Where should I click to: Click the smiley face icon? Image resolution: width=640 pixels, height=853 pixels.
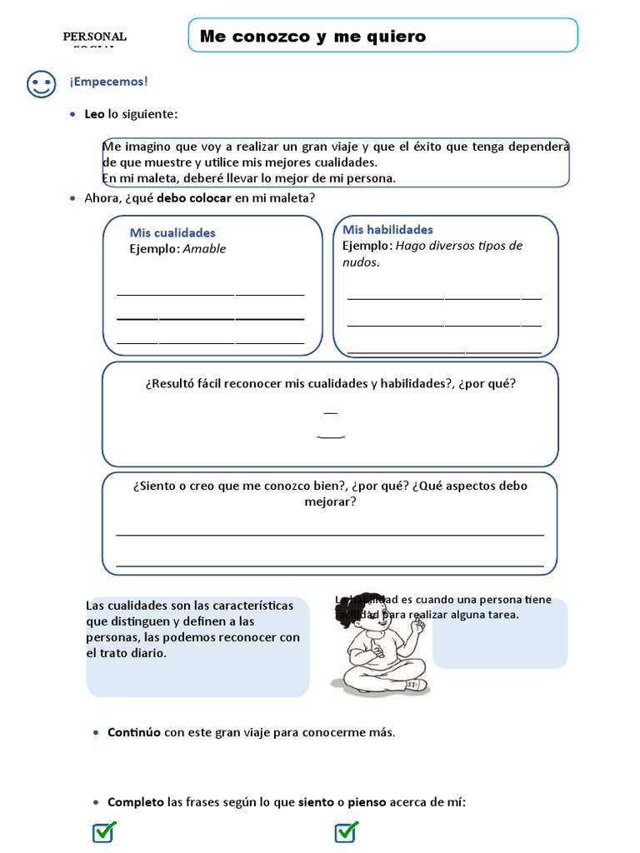pos(41,84)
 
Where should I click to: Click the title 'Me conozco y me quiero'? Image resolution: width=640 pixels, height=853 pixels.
pos(312,36)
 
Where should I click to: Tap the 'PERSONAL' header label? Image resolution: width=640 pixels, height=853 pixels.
pos(95,37)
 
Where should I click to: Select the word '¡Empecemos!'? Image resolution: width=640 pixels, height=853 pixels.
pos(109,82)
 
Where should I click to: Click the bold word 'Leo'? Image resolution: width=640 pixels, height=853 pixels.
pos(94,114)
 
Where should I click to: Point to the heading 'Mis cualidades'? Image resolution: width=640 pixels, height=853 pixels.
pos(172,233)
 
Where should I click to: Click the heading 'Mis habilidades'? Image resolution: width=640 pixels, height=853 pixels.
pos(387,229)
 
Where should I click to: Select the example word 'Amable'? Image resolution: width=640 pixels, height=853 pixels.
pos(204,249)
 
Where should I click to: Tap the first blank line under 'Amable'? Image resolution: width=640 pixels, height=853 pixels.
pos(210,293)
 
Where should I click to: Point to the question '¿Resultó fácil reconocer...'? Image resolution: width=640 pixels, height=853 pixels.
pos(330,384)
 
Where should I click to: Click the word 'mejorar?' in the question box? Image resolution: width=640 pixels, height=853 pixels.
pos(330,502)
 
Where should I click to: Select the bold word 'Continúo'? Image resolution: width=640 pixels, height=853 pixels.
pos(134,733)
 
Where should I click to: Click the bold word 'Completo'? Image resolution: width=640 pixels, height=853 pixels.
pos(136,802)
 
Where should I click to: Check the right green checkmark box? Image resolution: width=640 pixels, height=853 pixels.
pos(346,831)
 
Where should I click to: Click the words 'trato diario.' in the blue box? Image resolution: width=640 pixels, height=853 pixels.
pos(127,653)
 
